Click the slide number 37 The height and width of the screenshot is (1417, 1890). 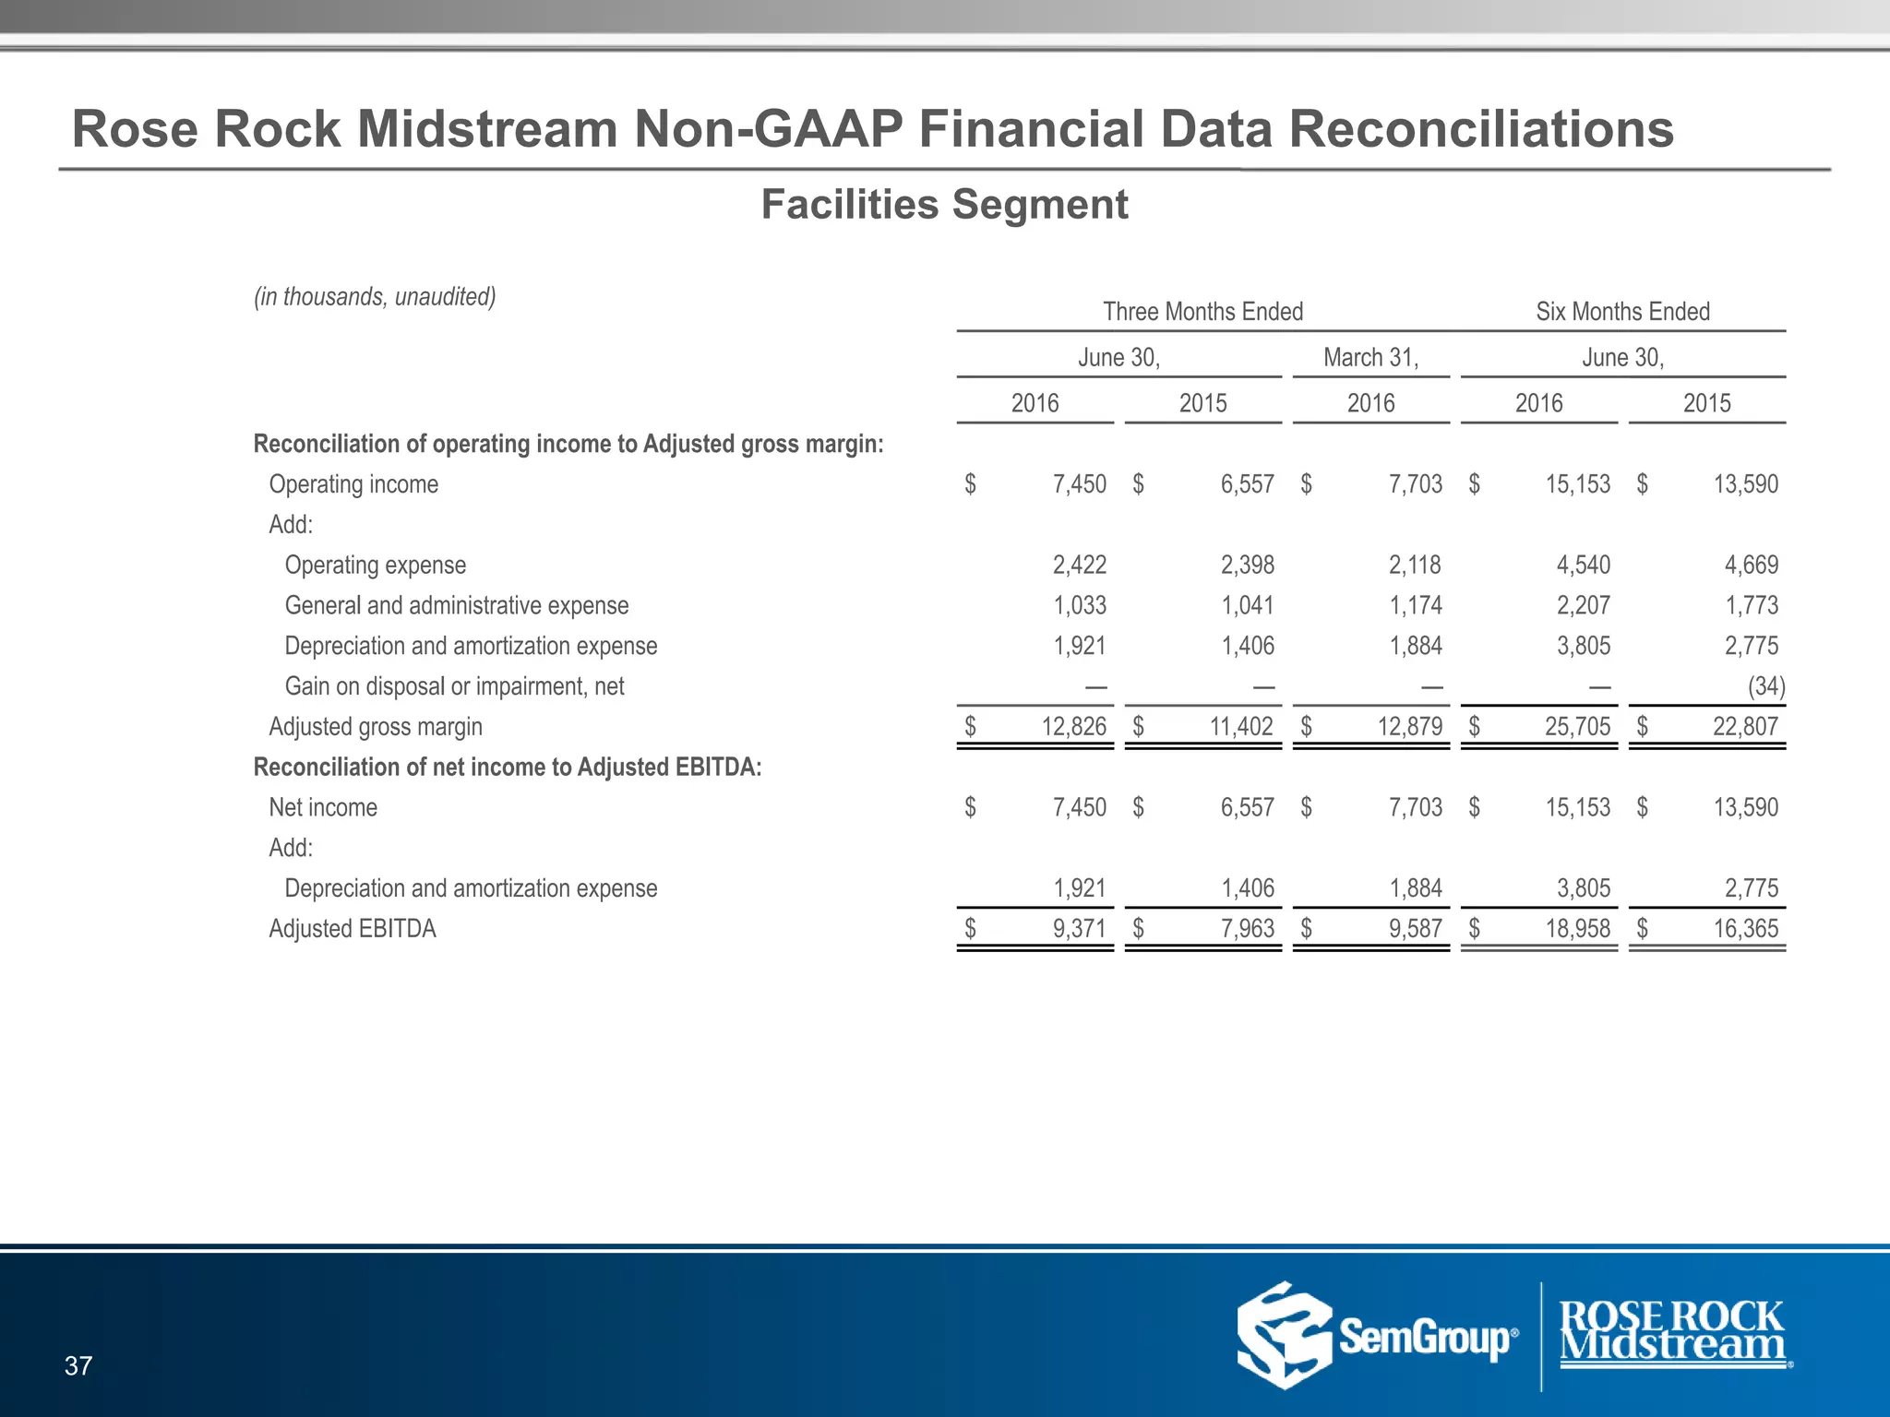(x=78, y=1366)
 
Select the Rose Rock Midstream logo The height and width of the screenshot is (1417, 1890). (x=1672, y=1334)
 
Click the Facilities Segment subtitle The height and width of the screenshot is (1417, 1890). (x=944, y=205)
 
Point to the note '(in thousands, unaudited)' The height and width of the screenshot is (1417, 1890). (x=375, y=297)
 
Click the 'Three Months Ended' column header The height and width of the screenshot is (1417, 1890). (x=1202, y=312)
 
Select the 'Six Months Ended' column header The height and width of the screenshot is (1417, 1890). (x=1622, y=312)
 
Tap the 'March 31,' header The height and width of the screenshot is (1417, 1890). (x=1370, y=358)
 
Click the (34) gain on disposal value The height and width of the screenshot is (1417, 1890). (x=1765, y=686)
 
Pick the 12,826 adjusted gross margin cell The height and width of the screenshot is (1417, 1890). (x=1073, y=727)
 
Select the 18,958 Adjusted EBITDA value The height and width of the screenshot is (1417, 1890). (x=1577, y=929)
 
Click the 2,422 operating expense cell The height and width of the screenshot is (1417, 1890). (x=1079, y=566)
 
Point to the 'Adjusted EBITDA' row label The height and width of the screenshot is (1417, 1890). (x=353, y=929)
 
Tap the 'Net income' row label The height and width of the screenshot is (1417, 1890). (x=323, y=808)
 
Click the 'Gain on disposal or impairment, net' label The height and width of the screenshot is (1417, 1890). (x=454, y=686)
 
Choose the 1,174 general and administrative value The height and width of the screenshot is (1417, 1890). (x=1416, y=606)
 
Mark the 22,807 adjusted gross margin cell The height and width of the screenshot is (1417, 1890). (x=1744, y=727)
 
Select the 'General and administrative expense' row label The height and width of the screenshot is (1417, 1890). (x=457, y=606)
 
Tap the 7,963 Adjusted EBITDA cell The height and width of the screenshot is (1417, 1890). (x=1247, y=929)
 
